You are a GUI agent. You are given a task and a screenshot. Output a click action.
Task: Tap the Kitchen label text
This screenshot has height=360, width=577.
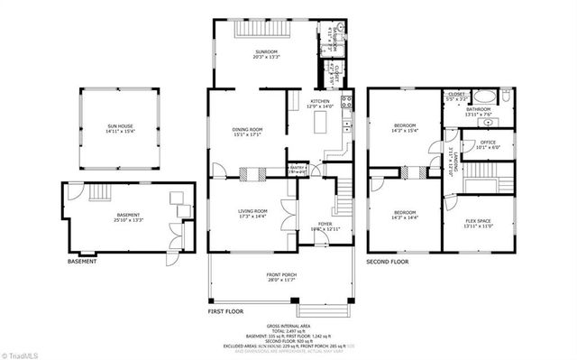tap(321, 101)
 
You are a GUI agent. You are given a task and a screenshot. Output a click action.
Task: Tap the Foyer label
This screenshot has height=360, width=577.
tap(324, 223)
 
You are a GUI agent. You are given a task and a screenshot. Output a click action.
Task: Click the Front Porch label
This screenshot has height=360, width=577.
tap(282, 274)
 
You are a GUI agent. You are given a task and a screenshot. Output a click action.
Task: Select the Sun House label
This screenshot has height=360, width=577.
tap(119, 126)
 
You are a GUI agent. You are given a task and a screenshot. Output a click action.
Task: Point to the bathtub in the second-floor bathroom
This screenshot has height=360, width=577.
tap(484, 97)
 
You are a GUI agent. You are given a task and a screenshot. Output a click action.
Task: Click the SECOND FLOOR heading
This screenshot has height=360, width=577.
tap(387, 262)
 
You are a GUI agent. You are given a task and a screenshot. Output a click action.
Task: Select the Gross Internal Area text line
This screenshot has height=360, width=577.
tap(288, 326)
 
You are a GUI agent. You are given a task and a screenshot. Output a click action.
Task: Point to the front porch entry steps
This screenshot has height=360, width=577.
tap(335, 311)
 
